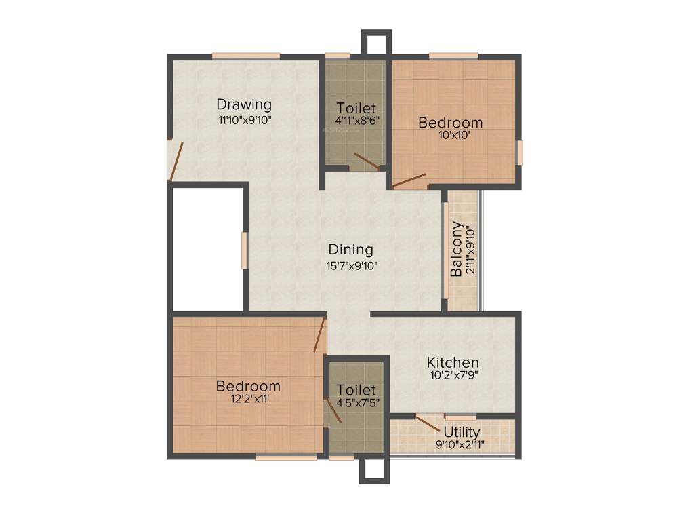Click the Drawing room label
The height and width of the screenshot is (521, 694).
click(x=244, y=104)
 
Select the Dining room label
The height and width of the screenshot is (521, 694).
click(x=351, y=249)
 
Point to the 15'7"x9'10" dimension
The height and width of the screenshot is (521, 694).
click(x=351, y=265)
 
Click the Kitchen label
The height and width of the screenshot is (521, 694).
click(x=453, y=362)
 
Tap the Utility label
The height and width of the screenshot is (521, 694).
click(x=462, y=432)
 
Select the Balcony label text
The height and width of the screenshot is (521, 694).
click(x=457, y=249)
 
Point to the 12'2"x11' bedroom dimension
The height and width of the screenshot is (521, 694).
click(x=247, y=399)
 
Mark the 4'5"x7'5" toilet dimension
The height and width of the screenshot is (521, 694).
click(x=356, y=402)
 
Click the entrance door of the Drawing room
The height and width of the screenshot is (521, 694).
click(x=176, y=161)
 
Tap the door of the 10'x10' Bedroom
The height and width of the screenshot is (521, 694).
click(x=409, y=180)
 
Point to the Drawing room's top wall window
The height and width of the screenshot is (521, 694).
click(x=246, y=56)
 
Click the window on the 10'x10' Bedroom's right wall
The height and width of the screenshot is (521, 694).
click(x=520, y=152)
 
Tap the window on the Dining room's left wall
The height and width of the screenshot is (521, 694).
click(x=245, y=251)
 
